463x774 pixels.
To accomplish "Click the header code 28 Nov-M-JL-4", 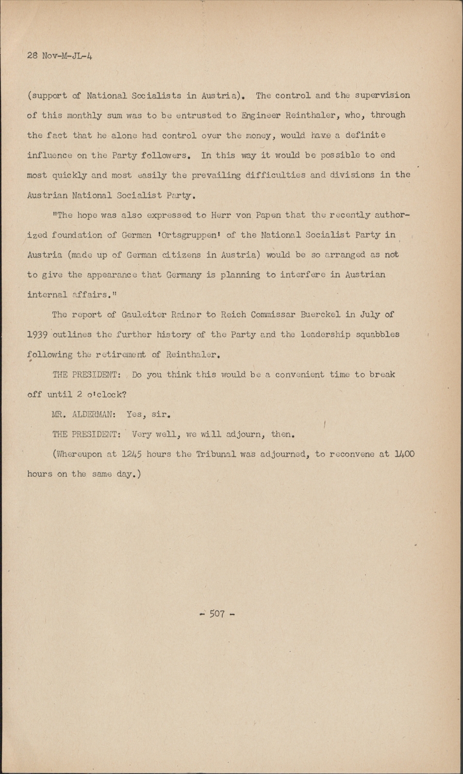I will click(x=60, y=56).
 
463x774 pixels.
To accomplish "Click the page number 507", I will click(x=217, y=615).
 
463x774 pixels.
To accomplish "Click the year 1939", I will click(x=38, y=334).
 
